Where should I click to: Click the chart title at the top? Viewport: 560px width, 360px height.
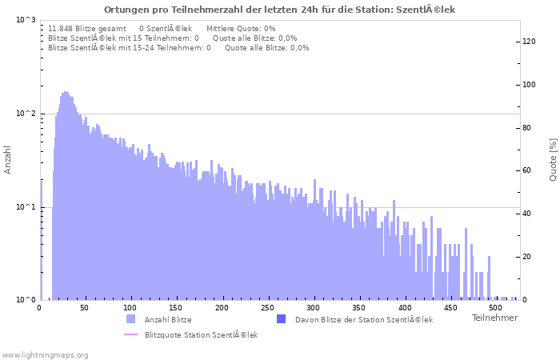coord(279,10)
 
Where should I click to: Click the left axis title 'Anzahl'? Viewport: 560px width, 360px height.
coord(8,160)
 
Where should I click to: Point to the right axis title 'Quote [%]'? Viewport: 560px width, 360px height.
coord(553,160)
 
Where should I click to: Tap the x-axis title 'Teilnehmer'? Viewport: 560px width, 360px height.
coord(494,318)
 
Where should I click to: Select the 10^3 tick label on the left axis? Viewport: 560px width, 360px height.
coord(26,20)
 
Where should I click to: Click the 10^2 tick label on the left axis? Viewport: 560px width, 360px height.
coord(26,114)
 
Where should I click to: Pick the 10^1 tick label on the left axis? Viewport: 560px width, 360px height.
coord(26,207)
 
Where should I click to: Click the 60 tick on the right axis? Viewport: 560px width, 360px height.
coord(527,170)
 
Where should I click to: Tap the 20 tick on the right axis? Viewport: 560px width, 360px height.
coord(527,257)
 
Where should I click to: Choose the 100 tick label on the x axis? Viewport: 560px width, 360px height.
coord(130,307)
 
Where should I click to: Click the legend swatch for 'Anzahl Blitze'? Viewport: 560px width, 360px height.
coord(131,319)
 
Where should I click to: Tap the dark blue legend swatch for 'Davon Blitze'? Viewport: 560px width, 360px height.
coord(281,319)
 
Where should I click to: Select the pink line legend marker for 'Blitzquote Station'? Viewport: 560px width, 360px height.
coord(131,334)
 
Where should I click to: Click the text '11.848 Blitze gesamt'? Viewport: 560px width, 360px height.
coord(86,29)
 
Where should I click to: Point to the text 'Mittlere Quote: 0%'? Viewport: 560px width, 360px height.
coord(241,29)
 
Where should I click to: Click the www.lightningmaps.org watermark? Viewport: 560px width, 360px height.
coord(46,354)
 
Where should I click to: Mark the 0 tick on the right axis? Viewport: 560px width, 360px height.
coord(525,300)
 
